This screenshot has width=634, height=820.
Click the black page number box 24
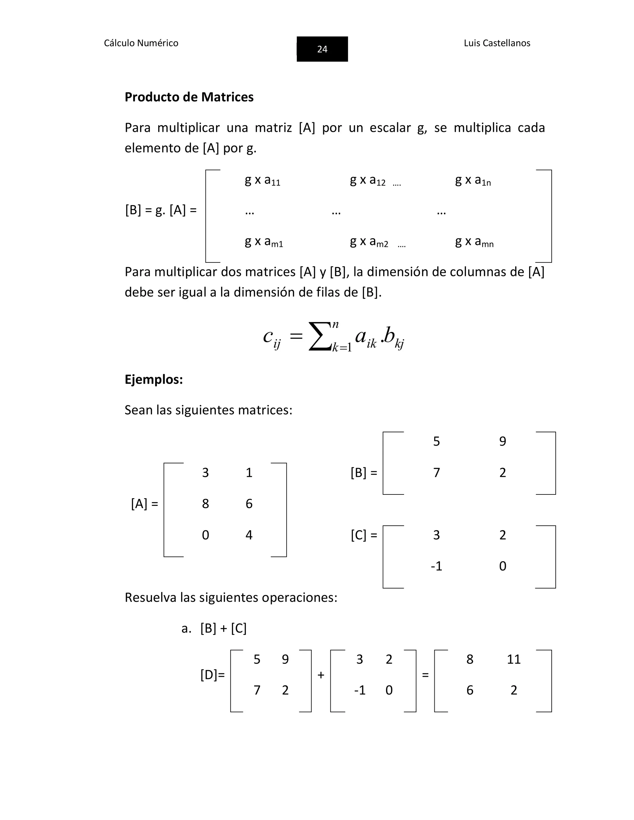[x=322, y=49]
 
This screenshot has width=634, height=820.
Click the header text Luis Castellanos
[x=497, y=43]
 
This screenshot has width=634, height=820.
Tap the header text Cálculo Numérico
[x=141, y=43]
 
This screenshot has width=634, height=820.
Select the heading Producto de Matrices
[x=189, y=97]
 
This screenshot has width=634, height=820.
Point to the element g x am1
[x=264, y=242]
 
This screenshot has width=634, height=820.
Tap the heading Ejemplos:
[x=154, y=379]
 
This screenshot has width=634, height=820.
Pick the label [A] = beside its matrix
[x=145, y=503]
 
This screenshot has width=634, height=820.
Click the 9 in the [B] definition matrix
[x=502, y=441]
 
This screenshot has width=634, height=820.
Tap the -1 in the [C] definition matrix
[x=436, y=566]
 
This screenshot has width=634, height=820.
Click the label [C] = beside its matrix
[x=363, y=535]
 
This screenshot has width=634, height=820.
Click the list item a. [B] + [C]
[x=214, y=628]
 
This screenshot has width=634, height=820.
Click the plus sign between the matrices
[x=321, y=675]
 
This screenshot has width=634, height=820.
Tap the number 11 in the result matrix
[x=514, y=659]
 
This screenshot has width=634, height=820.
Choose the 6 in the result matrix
[x=470, y=690]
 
